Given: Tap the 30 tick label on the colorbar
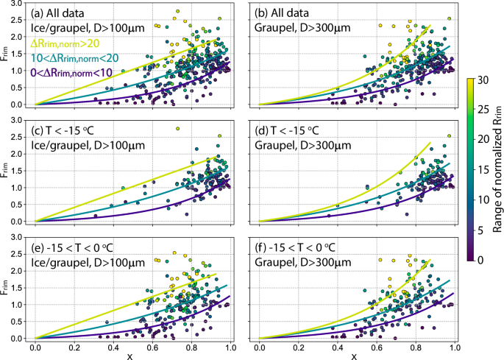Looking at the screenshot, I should click(489, 79).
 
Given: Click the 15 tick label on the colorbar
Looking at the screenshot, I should click(489, 169).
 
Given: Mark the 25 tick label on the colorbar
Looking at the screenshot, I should click(489, 109).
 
